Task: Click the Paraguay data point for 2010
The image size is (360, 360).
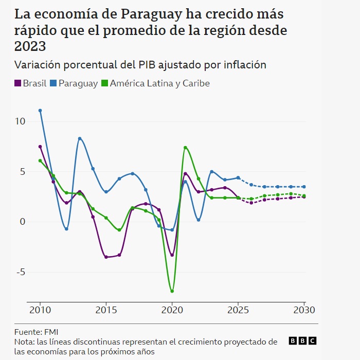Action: coord(40,111)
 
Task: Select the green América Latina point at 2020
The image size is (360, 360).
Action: coord(172,291)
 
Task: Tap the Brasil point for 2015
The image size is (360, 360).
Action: coord(106,257)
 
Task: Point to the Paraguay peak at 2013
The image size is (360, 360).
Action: coord(80,138)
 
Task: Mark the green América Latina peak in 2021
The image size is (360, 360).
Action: coord(185,148)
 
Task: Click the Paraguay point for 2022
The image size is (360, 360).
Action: coord(199,220)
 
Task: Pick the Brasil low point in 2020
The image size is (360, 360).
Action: coord(172,255)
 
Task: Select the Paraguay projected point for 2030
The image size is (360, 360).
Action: coord(304,187)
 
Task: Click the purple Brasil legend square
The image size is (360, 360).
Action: coord(17,83)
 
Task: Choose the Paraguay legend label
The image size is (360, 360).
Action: coord(78,83)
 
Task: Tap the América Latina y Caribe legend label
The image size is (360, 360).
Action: coord(159,83)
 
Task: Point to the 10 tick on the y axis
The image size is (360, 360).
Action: coord(20,121)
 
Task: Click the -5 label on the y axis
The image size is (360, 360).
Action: coord(20,272)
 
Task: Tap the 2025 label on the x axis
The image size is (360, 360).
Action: coord(238,310)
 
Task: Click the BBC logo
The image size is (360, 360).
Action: coord(302,340)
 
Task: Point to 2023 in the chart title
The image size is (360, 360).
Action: coord(30,46)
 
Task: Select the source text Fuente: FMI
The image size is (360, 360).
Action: coord(37,332)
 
